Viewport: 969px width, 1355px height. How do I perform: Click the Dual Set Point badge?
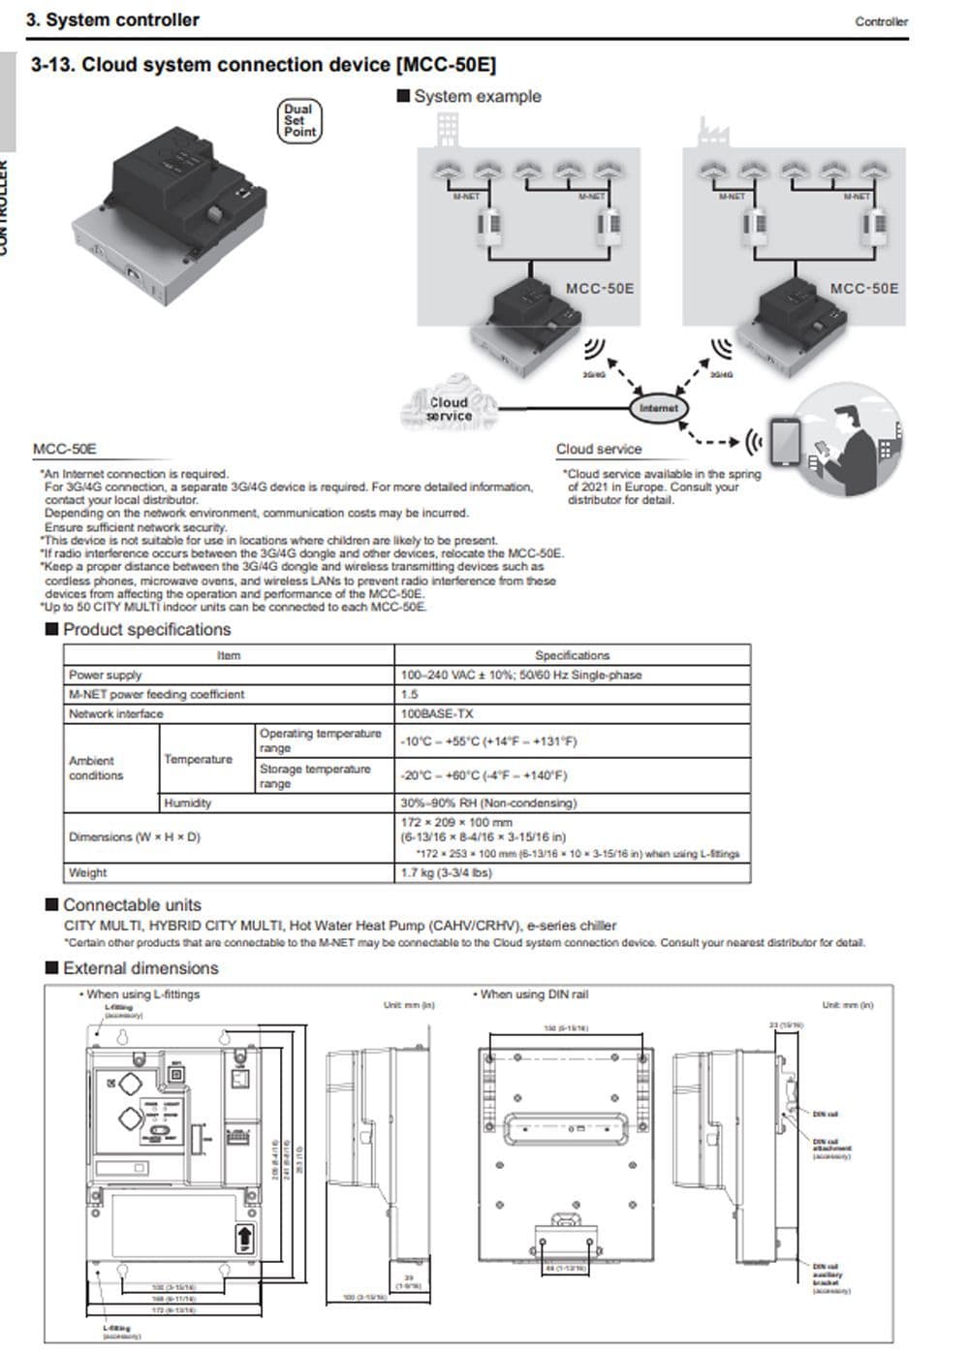298,121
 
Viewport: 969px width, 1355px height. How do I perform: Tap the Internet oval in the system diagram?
658,408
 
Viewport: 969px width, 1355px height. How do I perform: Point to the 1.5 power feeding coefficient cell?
410,694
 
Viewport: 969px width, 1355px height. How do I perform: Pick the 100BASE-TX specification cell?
437,713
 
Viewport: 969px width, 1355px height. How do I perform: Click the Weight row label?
87,872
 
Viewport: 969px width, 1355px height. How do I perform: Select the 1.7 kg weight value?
446,872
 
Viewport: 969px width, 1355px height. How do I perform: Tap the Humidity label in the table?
187,803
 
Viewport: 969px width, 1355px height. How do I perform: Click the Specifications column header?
572,655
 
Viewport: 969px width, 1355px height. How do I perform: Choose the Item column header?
229,655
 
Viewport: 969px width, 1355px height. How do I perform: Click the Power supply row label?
105,675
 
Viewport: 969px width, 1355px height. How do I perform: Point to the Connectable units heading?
132,904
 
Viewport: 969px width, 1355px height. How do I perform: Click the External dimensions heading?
141,967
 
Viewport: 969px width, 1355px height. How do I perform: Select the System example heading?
477,96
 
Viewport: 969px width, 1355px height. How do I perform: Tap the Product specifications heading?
146,629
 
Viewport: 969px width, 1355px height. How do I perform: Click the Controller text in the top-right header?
881,21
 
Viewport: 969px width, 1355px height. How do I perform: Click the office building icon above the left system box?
448,127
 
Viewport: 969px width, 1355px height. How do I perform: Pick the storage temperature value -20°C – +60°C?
484,775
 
